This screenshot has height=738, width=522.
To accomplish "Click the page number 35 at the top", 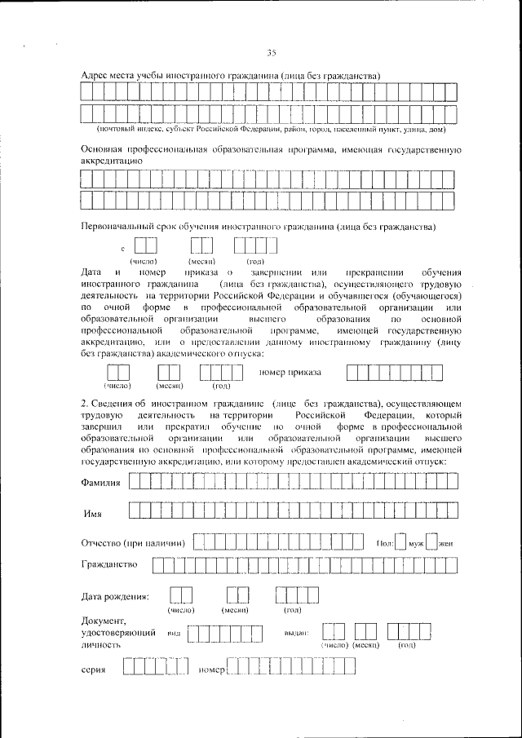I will [x=272, y=54].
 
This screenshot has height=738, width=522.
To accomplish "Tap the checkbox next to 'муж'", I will [x=400, y=543].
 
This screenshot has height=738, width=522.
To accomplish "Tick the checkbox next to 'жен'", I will [x=431, y=543].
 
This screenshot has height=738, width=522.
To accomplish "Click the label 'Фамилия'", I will [x=102, y=483].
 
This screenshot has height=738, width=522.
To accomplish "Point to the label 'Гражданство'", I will [x=110, y=563].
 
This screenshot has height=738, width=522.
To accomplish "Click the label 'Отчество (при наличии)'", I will [x=134, y=543].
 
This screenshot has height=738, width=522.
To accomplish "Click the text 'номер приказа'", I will [x=290, y=373].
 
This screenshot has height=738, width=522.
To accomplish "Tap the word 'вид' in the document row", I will [x=173, y=634].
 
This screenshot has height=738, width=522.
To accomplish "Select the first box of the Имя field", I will [x=135, y=511].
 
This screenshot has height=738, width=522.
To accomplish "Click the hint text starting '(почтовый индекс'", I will [x=270, y=129].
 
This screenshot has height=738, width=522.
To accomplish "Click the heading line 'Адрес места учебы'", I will [x=232, y=75].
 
